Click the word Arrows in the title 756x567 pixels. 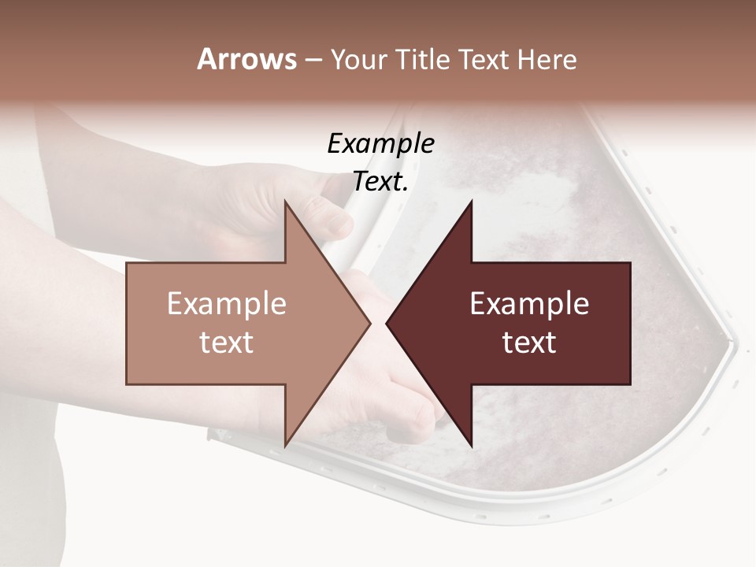[x=246, y=59]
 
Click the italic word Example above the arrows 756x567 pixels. [x=380, y=143]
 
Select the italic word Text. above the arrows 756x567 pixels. [x=380, y=181]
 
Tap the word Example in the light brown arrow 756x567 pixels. [x=226, y=304]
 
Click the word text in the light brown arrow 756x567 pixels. [x=226, y=343]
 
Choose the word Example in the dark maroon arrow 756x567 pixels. [x=529, y=304]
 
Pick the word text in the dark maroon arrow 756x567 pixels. [x=529, y=343]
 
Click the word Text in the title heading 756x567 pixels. [x=484, y=59]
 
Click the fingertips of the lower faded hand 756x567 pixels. [x=421, y=417]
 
